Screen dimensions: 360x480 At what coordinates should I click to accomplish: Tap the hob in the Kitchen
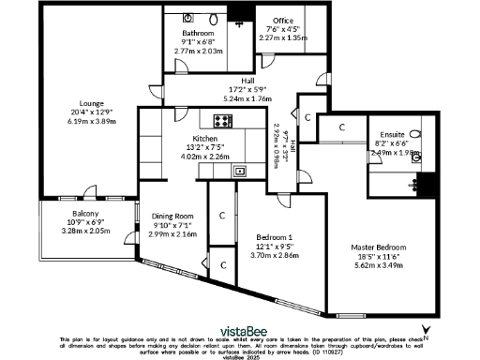pos(223,119)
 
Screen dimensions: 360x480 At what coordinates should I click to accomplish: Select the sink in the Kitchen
pos(240,171)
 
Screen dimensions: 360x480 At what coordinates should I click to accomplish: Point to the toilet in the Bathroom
pos(212,19)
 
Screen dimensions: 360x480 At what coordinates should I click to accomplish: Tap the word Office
pos(283,22)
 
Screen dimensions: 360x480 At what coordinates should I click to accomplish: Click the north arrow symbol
pos(427,328)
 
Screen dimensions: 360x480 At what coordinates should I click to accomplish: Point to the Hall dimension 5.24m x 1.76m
pos(247,97)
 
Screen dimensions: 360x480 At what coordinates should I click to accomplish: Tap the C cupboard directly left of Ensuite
pos(342,126)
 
